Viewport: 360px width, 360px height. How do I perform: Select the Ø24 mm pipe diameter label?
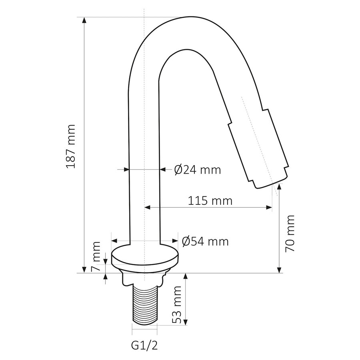point(198,170)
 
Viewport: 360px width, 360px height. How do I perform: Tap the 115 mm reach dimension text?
point(210,200)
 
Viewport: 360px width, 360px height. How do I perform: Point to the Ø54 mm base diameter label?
point(205,241)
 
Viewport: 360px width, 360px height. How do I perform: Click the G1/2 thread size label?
point(144,344)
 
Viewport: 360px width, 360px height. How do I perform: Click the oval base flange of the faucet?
point(144,258)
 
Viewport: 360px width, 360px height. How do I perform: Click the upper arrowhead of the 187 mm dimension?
point(84,20)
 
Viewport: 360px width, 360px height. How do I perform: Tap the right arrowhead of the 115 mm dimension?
point(270,207)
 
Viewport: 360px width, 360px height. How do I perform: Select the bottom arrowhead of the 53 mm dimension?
point(186,324)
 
